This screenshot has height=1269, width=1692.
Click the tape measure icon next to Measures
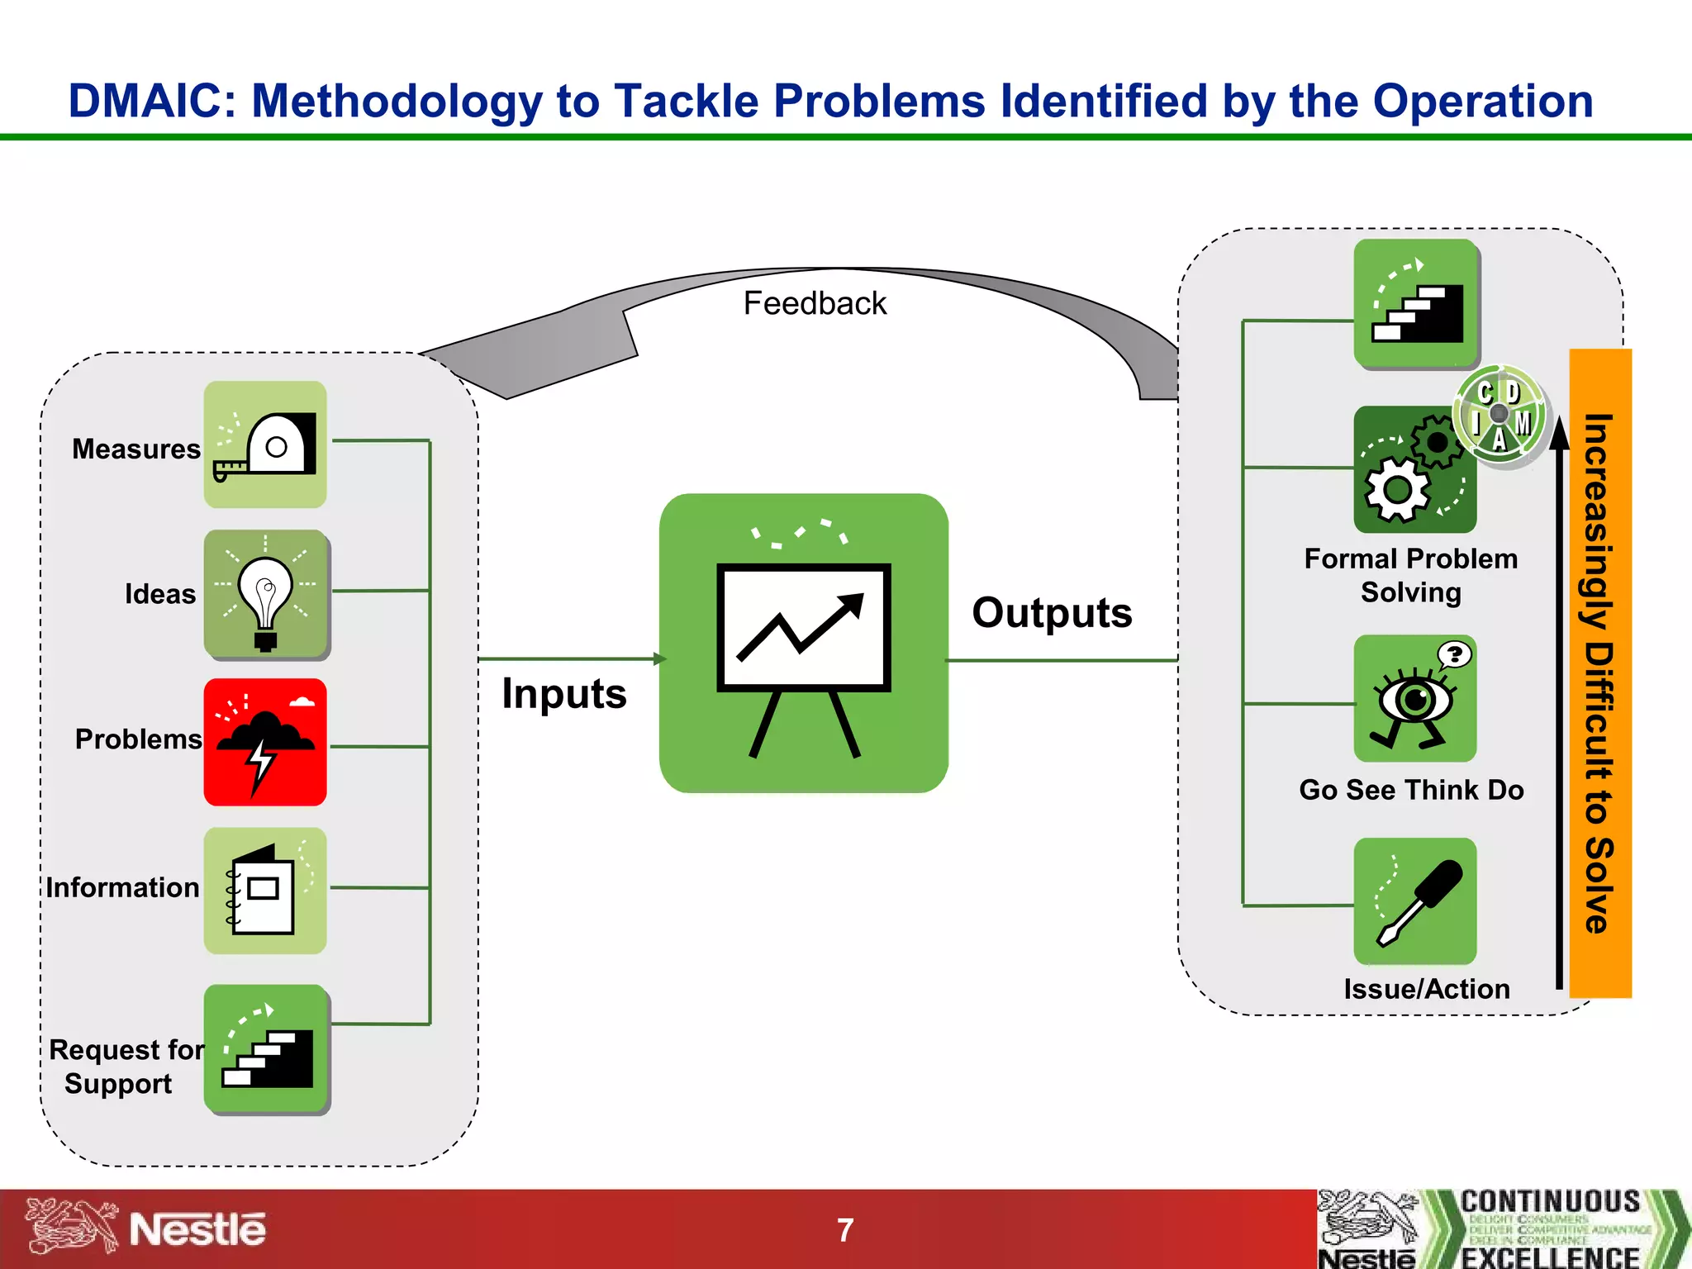pos(265,444)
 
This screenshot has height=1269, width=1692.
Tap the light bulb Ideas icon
pos(265,594)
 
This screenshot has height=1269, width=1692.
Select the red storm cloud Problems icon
pos(265,742)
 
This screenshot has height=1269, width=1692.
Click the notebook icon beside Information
pos(265,891)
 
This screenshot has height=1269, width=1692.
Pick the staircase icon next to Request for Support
pos(267,1049)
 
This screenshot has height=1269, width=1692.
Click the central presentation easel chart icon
pos(803,643)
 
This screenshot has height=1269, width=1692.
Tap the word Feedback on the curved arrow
pos(815,303)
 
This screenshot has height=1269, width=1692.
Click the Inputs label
pos(564,693)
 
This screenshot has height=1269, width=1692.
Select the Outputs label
pos(1052,613)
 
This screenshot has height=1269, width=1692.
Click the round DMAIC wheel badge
pos(1500,415)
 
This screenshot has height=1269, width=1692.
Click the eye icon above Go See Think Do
pos(1414,699)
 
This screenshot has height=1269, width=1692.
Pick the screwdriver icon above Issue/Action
pos(1414,901)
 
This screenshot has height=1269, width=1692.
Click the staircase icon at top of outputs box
pos(1416,303)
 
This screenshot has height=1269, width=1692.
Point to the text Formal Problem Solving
pos(1411,575)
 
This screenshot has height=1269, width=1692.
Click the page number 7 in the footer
pos(845,1230)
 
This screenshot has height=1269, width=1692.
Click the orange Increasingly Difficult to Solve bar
pos(1600,673)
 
